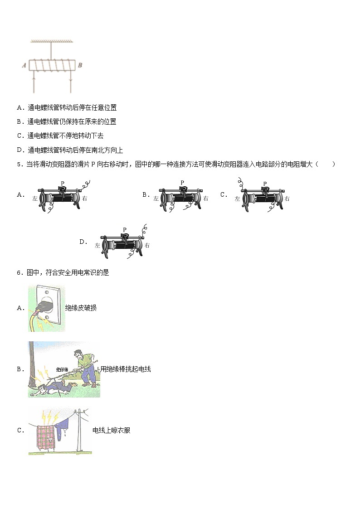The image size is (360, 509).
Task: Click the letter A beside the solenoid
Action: pos(24,66)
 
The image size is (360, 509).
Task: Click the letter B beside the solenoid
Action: pos(80,65)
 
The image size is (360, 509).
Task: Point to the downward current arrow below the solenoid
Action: pos(70,82)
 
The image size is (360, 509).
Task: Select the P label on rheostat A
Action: pos(63,182)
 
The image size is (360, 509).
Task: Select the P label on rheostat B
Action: pos(182,182)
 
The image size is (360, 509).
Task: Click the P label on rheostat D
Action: pos(124,230)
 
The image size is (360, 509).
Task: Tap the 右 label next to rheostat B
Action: pos(206,199)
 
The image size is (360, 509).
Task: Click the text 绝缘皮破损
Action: pos(81,308)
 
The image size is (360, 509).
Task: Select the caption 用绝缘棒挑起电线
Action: pos(126,369)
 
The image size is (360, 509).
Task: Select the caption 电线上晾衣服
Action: pos(111,430)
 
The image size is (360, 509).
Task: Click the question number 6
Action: pos(19,272)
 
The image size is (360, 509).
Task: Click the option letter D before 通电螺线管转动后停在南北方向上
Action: pos(19,150)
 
